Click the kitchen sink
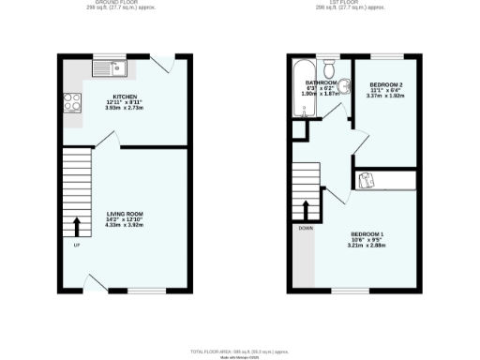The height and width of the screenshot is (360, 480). tap(109, 67)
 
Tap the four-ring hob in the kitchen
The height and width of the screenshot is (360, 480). tap(71, 104)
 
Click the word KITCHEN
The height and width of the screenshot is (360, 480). tap(124, 97)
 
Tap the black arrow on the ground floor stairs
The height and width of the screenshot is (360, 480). tap(76, 226)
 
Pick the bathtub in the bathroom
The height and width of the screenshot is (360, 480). tap(303, 90)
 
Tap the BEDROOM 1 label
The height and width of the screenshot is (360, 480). tap(367, 233)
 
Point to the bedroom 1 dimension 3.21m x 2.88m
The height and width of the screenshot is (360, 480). tap(367, 246)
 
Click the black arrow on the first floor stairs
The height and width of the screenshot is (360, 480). tap(306, 208)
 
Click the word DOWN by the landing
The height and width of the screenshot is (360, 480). tap(306, 228)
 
